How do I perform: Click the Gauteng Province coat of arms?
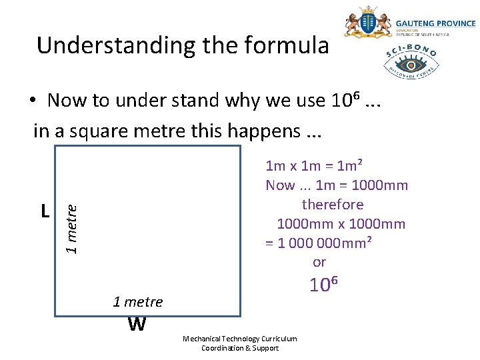tap(367, 24)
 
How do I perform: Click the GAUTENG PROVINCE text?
tap(435, 23)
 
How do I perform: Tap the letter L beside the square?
tap(45, 211)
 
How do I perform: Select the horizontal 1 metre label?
tap(138, 302)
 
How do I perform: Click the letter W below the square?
tap(137, 325)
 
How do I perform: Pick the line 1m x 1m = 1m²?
tap(314, 165)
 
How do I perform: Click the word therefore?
tap(333, 204)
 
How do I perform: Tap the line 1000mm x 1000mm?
tap(341, 224)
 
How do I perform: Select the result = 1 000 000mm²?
tap(319, 243)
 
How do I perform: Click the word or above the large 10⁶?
tap(319, 262)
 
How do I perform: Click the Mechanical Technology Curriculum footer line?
tap(240, 339)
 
